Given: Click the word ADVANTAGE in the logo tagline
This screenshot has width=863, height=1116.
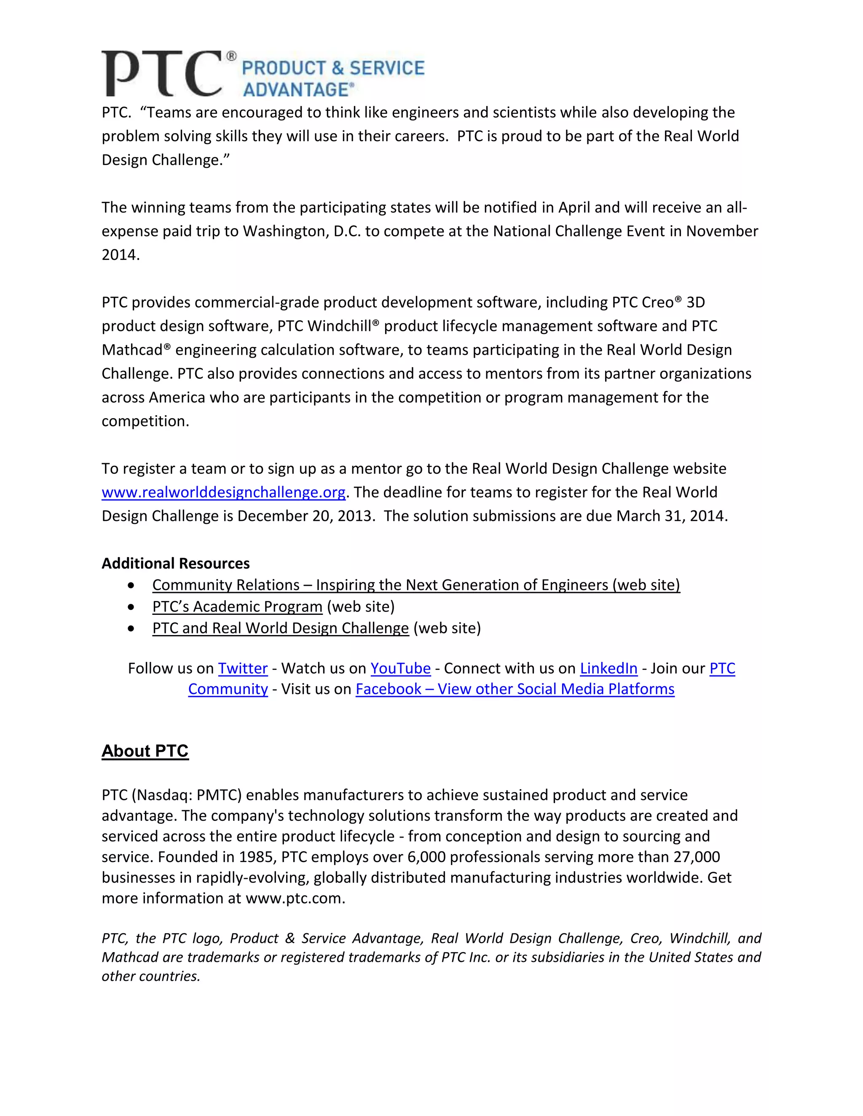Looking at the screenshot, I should click(x=295, y=90).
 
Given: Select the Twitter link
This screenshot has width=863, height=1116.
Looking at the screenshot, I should click(x=243, y=669).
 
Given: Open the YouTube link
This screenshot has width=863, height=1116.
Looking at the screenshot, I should click(x=400, y=669).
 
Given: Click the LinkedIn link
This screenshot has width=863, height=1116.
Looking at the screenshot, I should click(x=608, y=669).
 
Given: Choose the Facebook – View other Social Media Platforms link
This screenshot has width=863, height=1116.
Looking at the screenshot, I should click(x=515, y=689).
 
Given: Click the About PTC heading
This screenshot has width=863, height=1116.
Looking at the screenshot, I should click(x=145, y=751).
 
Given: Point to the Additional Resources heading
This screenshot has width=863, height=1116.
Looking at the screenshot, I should click(x=175, y=563).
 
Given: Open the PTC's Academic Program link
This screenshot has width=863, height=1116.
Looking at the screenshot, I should click(x=237, y=607).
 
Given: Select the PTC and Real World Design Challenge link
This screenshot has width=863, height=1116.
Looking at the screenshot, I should click(x=280, y=628).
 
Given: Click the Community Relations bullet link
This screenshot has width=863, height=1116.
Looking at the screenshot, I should click(x=415, y=585).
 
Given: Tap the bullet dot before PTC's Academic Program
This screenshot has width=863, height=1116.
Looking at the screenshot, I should click(x=131, y=607).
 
